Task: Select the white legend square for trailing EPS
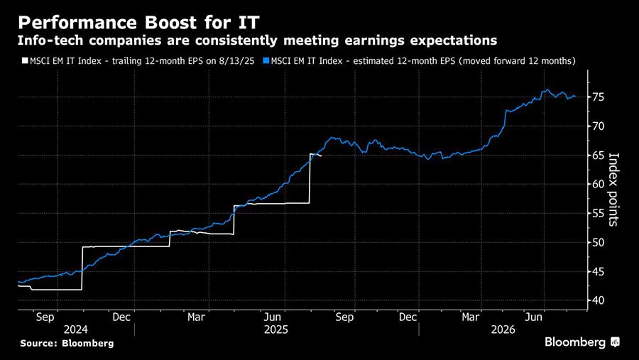[23, 61]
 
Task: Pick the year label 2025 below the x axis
[275, 330]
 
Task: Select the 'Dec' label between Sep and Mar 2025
[121, 317]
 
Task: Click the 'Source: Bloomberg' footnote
[67, 344]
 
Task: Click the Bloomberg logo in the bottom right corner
[582, 342]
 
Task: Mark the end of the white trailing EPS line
[321, 156]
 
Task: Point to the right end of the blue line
[575, 97]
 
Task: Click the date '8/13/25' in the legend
[239, 61]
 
